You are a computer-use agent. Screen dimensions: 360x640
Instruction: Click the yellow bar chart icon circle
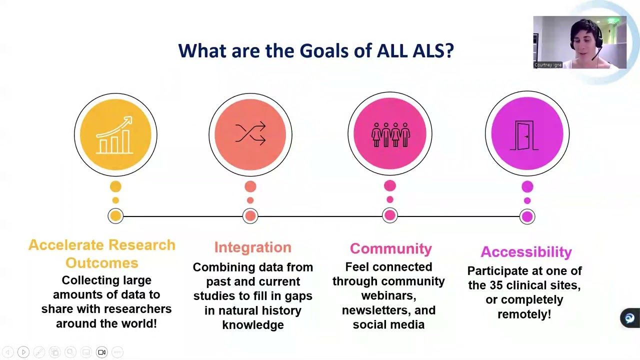click(x=115, y=134)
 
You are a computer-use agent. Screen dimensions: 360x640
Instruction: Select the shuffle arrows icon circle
click(x=250, y=134)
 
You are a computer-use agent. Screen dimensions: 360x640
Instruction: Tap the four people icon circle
click(x=390, y=134)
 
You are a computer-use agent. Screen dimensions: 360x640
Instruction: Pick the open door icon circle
click(x=527, y=134)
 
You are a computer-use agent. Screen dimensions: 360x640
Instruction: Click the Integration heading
click(x=252, y=247)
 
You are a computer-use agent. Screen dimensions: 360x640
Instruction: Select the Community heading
click(x=390, y=248)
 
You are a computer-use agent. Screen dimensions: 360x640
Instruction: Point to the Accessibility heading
click(x=526, y=252)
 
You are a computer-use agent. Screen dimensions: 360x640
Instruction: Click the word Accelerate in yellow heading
click(x=65, y=245)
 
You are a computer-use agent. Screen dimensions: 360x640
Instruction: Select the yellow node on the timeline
click(x=115, y=216)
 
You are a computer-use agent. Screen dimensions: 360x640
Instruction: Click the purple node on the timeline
click(x=527, y=216)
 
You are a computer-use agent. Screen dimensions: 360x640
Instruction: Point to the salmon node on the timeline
click(x=250, y=216)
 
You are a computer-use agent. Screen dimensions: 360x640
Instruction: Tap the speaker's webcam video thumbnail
click(x=579, y=42)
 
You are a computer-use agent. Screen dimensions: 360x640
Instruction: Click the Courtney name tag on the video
click(x=548, y=65)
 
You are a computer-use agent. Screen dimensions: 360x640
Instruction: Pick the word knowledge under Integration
click(x=252, y=325)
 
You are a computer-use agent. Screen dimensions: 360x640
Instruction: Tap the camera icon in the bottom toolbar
click(x=101, y=352)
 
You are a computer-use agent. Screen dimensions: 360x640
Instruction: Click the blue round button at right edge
click(x=629, y=318)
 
